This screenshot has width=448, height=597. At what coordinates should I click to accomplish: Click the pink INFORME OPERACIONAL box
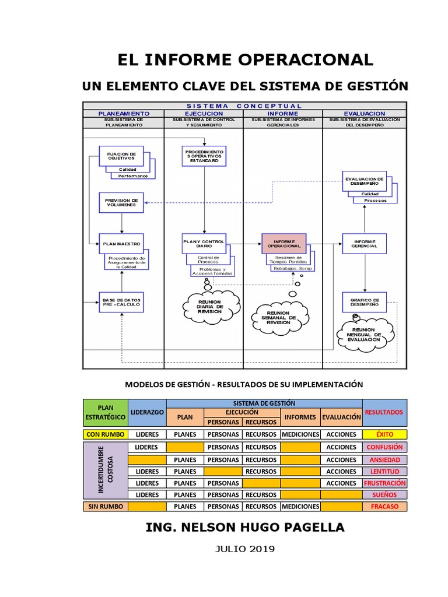(283, 243)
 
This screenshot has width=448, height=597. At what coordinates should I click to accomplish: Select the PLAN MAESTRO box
(121, 244)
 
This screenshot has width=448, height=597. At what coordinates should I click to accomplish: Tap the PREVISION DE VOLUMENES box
(121, 202)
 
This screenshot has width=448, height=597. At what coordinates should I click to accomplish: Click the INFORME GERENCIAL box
(364, 244)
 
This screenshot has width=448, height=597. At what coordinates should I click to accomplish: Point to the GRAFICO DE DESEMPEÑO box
(365, 301)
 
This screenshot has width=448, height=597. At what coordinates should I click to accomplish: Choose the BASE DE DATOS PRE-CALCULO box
(121, 301)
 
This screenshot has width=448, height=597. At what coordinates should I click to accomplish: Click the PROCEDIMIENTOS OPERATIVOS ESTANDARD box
(204, 156)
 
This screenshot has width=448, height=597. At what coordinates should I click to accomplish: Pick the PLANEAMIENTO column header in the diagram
(124, 113)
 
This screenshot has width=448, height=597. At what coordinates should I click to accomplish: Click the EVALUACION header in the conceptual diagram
(364, 113)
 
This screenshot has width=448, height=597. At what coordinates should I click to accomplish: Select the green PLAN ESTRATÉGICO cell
(105, 412)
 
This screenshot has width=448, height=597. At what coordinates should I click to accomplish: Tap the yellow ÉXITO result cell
(384, 434)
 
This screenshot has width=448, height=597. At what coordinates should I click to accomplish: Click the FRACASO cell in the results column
(384, 507)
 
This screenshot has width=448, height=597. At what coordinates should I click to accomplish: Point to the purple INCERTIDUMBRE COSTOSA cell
(105, 470)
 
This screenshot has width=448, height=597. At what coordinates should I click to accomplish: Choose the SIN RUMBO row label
(105, 507)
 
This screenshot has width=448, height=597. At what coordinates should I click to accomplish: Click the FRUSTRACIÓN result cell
(384, 483)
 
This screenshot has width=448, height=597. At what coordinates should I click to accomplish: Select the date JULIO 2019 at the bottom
(245, 549)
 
